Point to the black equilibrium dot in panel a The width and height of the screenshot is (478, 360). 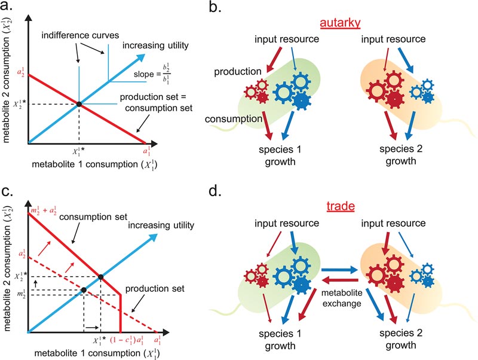[79, 105]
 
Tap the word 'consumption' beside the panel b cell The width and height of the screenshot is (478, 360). [227, 120]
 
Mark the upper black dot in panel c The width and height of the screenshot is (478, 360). [100, 276]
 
